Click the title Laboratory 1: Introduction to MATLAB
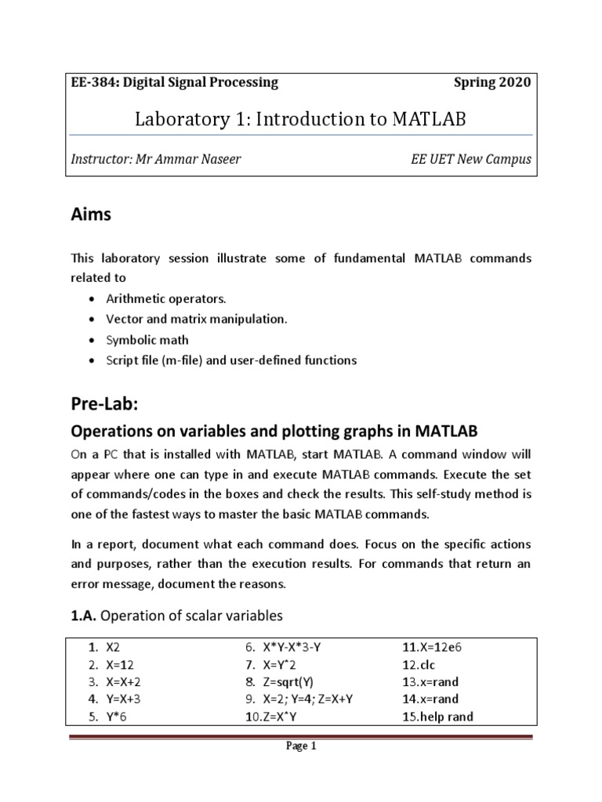click(301, 120)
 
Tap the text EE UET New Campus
click(471, 159)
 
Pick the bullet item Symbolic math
click(148, 340)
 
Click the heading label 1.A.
click(84, 615)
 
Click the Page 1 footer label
click(301, 746)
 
